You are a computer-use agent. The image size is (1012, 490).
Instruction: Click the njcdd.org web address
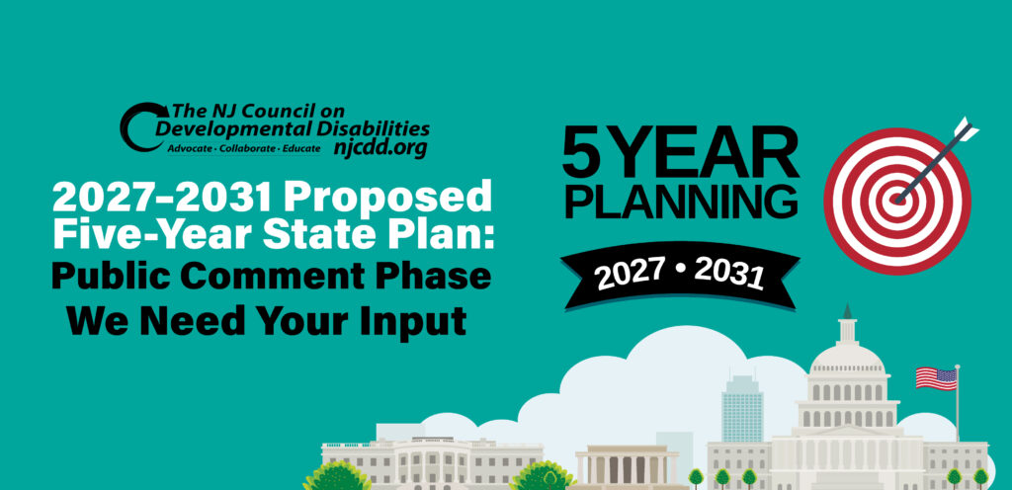click(x=379, y=148)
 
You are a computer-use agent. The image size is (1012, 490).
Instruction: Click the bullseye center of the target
click(x=897, y=198)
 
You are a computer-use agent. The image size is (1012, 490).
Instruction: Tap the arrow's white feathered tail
click(x=964, y=129)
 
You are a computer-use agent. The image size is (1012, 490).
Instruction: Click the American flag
click(x=935, y=377)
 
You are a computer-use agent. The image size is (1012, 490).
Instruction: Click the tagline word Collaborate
click(x=246, y=147)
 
